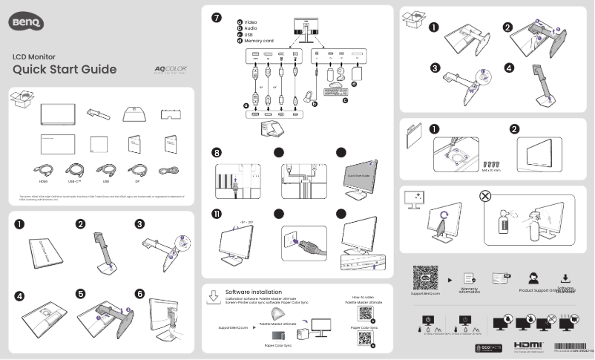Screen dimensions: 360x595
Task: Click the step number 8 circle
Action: coord(216,154)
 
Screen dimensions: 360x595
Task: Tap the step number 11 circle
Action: coord(216,215)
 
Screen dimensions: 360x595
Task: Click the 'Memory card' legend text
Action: coord(260,39)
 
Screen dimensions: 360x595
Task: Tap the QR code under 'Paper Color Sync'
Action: coord(364,338)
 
